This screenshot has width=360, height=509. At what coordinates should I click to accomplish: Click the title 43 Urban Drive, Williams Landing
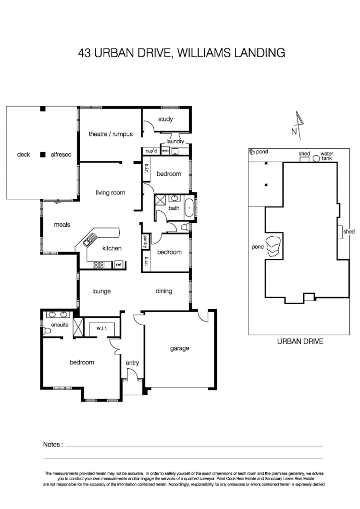(181, 53)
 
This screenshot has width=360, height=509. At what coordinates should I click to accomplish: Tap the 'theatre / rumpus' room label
(111, 134)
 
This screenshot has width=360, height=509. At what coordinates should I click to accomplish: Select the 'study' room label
(165, 119)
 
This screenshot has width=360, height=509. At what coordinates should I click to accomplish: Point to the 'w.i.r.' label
(101, 328)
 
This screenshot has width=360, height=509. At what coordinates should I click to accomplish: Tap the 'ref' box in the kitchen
(118, 264)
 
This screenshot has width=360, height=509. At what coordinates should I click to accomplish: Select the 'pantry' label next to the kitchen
(145, 241)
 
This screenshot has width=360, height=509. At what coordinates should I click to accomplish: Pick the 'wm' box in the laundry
(165, 151)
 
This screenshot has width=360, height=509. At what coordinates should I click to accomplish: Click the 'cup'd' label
(151, 151)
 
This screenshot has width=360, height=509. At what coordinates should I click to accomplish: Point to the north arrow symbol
(298, 122)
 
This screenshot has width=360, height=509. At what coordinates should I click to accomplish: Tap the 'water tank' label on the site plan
(327, 156)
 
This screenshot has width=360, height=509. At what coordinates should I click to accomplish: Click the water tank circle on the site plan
(316, 159)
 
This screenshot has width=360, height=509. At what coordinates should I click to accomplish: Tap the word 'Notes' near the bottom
(53, 444)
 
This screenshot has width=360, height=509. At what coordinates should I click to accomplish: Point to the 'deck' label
(24, 155)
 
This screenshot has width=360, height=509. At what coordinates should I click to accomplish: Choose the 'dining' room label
(163, 291)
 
